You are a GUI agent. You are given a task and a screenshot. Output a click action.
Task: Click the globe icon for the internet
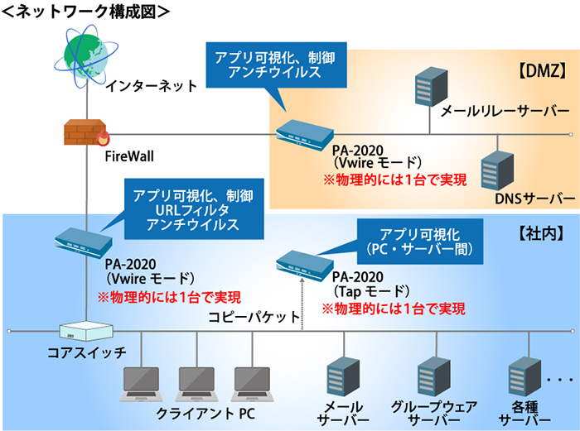click(85, 50)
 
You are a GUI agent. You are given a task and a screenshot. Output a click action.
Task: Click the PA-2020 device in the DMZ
click(304, 133)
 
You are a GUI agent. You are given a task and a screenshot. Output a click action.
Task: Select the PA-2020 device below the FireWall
click(84, 240)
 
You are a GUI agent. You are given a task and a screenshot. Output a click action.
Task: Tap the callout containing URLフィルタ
click(193, 208)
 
